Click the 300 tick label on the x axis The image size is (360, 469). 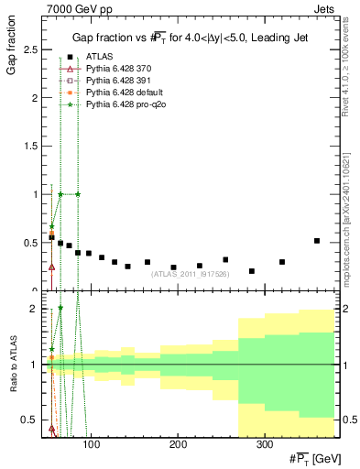(x=264, y=443)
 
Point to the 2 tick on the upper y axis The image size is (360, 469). (x=34, y=98)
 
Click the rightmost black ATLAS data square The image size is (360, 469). (x=316, y=241)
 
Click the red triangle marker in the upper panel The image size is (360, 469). (x=51, y=267)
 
